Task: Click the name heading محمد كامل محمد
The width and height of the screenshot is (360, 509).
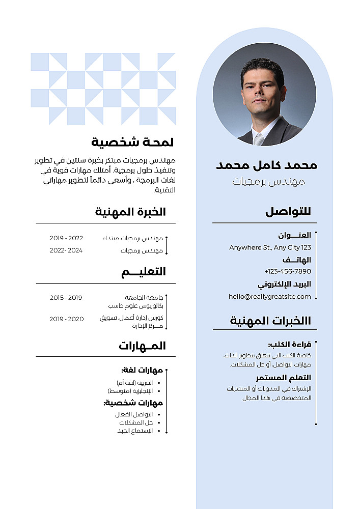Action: (x=267, y=165)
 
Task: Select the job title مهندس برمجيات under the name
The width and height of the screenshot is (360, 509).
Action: (x=268, y=182)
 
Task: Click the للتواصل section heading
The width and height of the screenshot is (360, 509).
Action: (x=288, y=212)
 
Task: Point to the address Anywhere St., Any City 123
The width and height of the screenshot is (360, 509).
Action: (x=270, y=248)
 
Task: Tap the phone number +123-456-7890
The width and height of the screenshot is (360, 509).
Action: (x=288, y=271)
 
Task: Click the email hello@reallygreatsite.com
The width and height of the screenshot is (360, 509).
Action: (x=270, y=296)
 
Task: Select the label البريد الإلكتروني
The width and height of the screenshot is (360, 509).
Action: (x=284, y=284)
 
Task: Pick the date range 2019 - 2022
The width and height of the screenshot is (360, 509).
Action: (x=66, y=238)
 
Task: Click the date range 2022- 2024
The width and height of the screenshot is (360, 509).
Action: (x=66, y=250)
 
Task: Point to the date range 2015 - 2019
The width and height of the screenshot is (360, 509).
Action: (x=66, y=298)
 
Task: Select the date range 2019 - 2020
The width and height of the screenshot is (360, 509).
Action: (x=66, y=319)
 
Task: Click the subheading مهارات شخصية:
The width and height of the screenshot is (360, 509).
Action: (x=133, y=403)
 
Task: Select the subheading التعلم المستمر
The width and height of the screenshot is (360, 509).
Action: (x=283, y=378)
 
